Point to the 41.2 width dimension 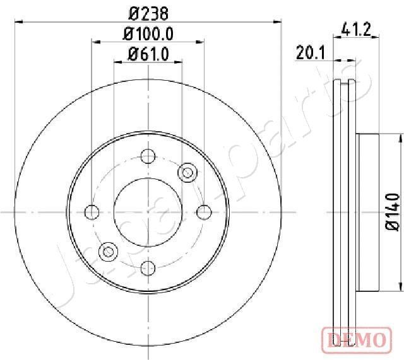pyautogui.click(x=354, y=28)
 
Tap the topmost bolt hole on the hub pyautogui.click(x=148, y=156)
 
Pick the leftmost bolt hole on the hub pyautogui.click(x=92, y=211)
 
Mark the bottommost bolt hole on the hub pyautogui.click(x=148, y=267)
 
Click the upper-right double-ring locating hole pyautogui.click(x=187, y=171)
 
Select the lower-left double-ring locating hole pyautogui.click(x=109, y=251)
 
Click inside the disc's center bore pyautogui.click(x=148, y=211)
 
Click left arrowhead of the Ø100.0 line pyautogui.click(x=95, y=42)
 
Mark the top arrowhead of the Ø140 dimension pyautogui.click(x=400, y=137)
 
